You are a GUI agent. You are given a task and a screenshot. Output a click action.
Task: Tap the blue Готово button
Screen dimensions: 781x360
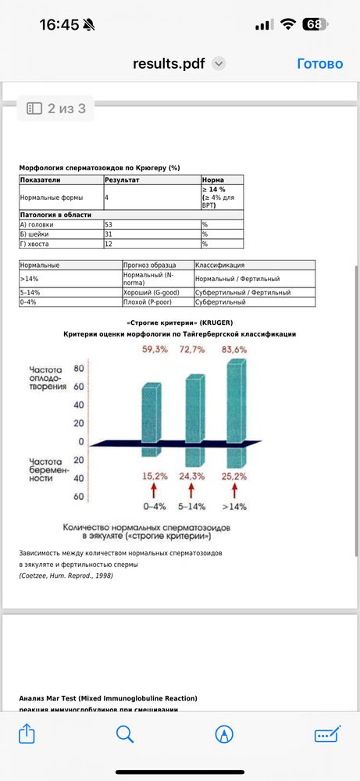[320, 64]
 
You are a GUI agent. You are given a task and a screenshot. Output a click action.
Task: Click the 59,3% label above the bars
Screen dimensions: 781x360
[155, 349]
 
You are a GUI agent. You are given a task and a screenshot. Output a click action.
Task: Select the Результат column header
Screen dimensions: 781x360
[122, 180]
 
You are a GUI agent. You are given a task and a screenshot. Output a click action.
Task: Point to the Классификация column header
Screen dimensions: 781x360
[220, 265]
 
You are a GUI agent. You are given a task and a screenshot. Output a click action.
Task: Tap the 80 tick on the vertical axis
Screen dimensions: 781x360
[78, 369]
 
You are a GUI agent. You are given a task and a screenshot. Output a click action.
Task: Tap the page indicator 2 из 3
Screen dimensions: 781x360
[56, 109]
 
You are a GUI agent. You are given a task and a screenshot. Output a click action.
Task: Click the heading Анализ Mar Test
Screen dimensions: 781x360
[108, 697]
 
